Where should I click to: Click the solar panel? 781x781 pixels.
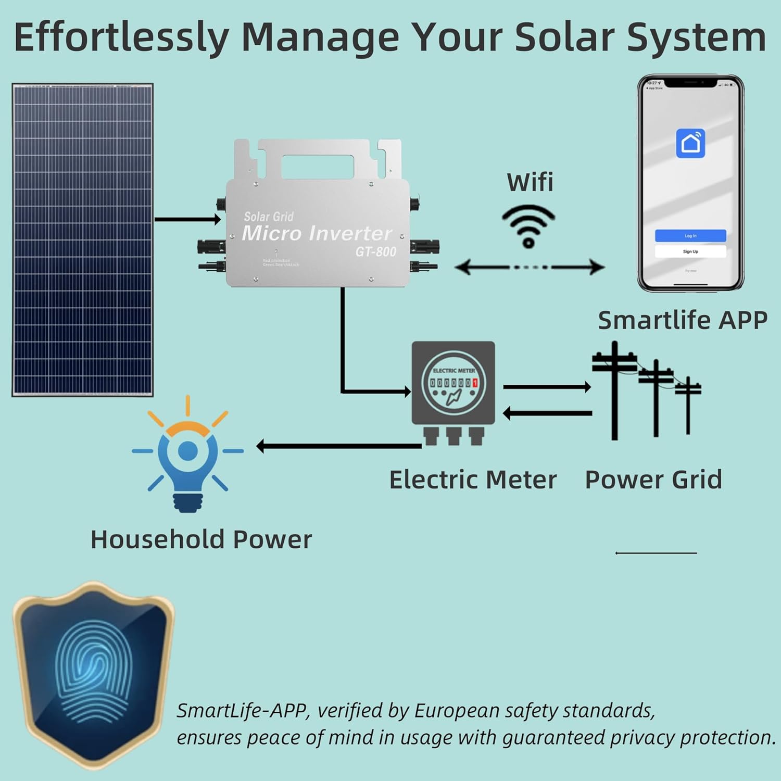pos(82,240)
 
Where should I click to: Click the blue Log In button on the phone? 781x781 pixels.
pos(690,236)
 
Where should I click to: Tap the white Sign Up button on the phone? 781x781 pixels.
pos(690,251)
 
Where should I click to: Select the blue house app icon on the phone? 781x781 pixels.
pos(690,143)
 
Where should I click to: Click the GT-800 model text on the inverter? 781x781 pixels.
pos(376,252)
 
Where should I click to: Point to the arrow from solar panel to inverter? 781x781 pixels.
pos(187,219)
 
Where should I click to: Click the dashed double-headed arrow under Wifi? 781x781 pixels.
pos(530,268)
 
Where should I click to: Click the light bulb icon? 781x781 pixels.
pos(187,458)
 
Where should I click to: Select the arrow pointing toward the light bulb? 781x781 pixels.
pos(338,446)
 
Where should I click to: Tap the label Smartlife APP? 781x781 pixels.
pos(682,320)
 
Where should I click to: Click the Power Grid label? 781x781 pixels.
pos(653,480)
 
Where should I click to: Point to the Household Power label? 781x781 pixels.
pos(201,539)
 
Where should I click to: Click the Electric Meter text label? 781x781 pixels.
pos(473,480)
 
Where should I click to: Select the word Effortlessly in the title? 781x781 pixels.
pos(121,37)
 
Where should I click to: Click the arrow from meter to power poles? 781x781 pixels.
pos(547,387)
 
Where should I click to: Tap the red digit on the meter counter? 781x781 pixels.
pos(475,383)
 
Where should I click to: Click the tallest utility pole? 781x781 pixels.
pos(615,391)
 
